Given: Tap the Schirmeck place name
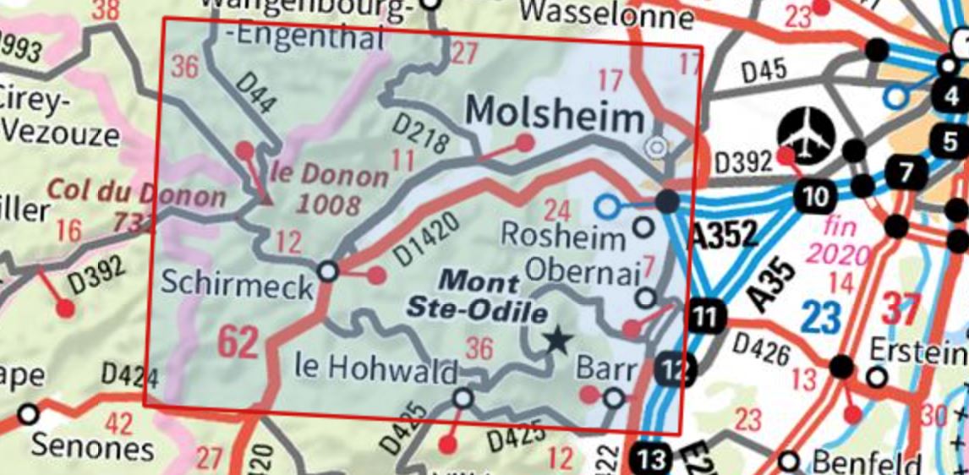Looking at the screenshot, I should [236, 287].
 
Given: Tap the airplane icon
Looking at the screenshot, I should [803, 133].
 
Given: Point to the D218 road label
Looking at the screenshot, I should [420, 134].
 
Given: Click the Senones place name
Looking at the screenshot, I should [93, 447].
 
